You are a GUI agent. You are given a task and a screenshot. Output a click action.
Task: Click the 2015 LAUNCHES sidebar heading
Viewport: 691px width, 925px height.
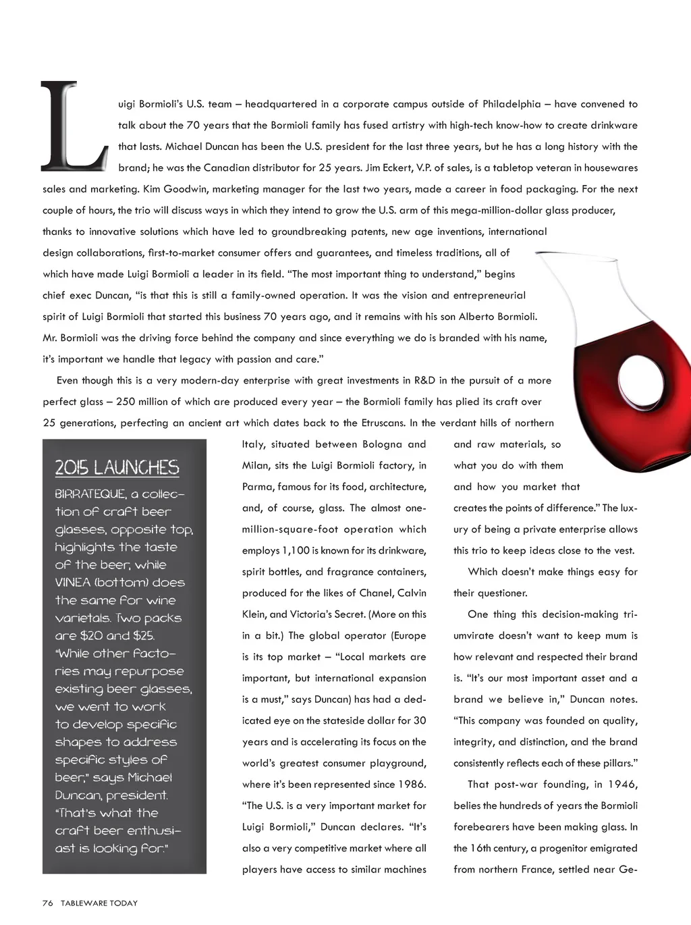(x=117, y=467)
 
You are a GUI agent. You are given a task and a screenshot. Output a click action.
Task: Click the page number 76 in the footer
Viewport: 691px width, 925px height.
(x=47, y=903)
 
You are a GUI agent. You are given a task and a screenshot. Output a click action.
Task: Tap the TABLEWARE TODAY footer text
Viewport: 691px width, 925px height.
(x=99, y=903)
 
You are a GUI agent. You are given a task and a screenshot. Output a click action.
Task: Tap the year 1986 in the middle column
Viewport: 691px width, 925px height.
(x=412, y=785)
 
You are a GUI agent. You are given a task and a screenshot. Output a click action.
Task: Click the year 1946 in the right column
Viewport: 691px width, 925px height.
(x=623, y=785)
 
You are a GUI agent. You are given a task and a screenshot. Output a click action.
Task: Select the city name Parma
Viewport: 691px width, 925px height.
(x=258, y=487)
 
